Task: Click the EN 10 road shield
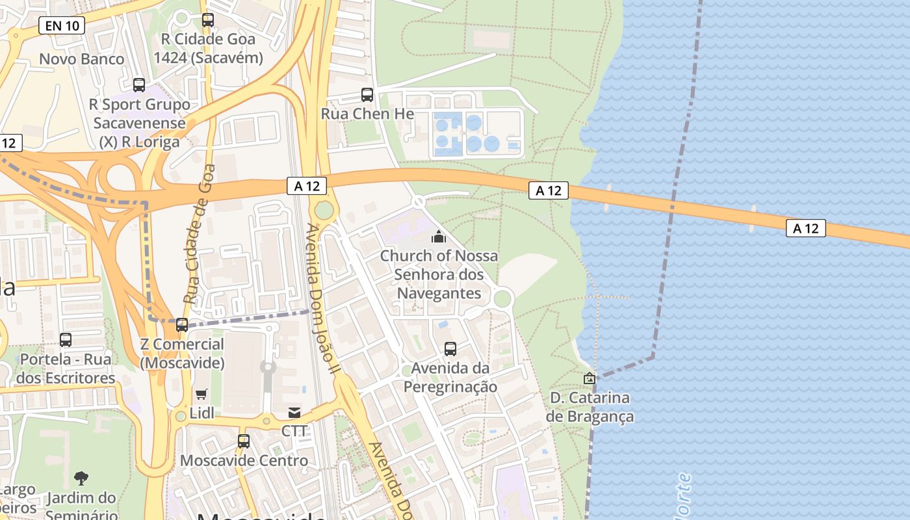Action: pyautogui.click(x=62, y=25)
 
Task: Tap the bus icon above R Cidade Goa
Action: pyautogui.click(x=208, y=20)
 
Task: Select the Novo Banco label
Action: pyautogui.click(x=82, y=59)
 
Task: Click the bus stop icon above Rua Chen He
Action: pyautogui.click(x=367, y=95)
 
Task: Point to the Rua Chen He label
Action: pyautogui.click(x=367, y=114)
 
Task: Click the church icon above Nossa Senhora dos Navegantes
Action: pyautogui.click(x=439, y=237)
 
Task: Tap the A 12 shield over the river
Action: pyautogui.click(x=806, y=228)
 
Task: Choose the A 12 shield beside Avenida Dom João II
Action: pyautogui.click(x=306, y=186)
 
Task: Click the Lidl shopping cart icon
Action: pyautogui.click(x=201, y=394)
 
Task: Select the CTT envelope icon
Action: pyautogui.click(x=294, y=412)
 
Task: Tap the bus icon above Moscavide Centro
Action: pyautogui.click(x=244, y=441)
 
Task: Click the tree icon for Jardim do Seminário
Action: pyautogui.click(x=81, y=479)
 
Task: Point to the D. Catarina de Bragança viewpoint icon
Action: pyautogui.click(x=589, y=378)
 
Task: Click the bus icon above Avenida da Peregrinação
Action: pyautogui.click(x=450, y=349)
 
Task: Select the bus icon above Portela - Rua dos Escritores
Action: pyautogui.click(x=66, y=340)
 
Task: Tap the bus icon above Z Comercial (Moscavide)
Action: pyautogui.click(x=182, y=325)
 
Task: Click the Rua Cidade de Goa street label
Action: pyautogui.click(x=199, y=235)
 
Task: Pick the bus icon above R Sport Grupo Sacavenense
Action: pyautogui.click(x=139, y=85)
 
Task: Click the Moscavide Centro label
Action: pyautogui.click(x=244, y=461)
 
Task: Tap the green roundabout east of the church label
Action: pyautogui.click(x=502, y=299)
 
